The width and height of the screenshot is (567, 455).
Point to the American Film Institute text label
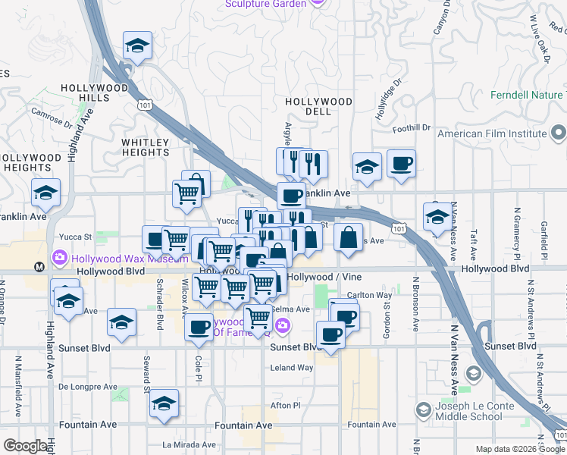[x=492, y=133]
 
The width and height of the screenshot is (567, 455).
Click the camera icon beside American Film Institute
[x=559, y=134]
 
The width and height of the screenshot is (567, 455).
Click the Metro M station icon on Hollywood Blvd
[x=39, y=267]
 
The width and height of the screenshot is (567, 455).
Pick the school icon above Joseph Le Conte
[x=473, y=373]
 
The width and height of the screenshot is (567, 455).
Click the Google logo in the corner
[x=26, y=446]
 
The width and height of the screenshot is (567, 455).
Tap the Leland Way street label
[x=292, y=368]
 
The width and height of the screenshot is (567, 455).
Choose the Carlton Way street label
[x=369, y=295]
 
